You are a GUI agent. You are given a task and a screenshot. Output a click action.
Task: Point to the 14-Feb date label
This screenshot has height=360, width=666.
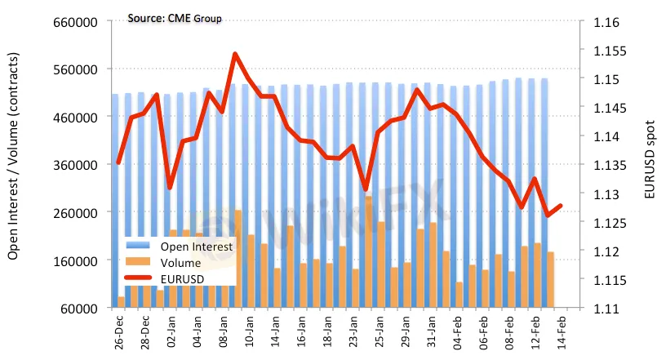(x=562, y=331)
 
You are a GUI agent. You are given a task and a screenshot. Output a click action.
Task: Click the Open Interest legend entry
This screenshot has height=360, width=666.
(x=197, y=246)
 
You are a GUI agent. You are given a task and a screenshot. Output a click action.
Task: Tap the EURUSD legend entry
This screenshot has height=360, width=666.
(x=184, y=279)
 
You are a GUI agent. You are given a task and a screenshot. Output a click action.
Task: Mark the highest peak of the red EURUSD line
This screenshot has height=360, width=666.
(x=235, y=54)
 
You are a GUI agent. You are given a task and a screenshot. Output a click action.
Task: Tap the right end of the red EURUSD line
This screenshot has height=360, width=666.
(x=561, y=206)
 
